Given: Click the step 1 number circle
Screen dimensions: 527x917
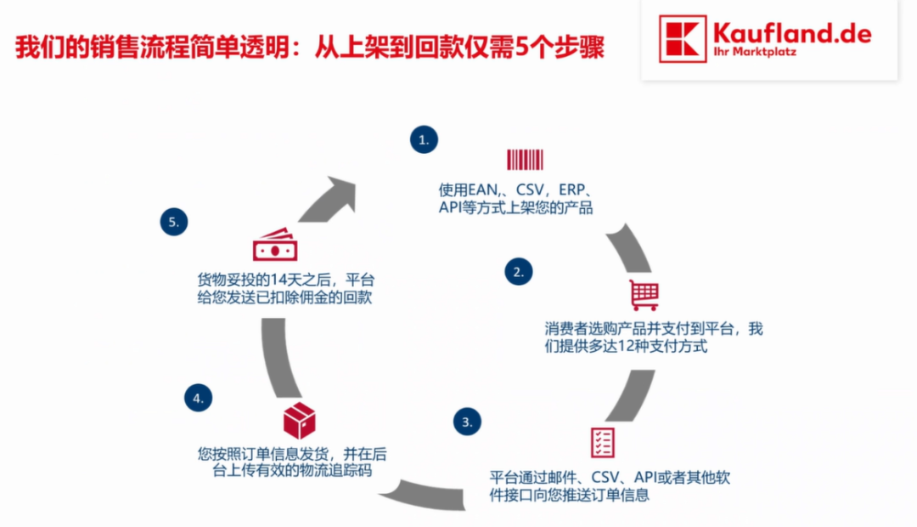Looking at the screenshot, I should tap(425, 140).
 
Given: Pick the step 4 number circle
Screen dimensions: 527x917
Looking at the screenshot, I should tap(198, 397).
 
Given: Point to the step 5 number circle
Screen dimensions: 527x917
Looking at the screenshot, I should tap(174, 222).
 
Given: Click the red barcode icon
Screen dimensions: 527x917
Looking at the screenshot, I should tap(525, 159).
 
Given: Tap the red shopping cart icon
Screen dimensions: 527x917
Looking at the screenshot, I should tap(644, 294).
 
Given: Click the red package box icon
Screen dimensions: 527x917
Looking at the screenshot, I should tap(299, 420).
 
